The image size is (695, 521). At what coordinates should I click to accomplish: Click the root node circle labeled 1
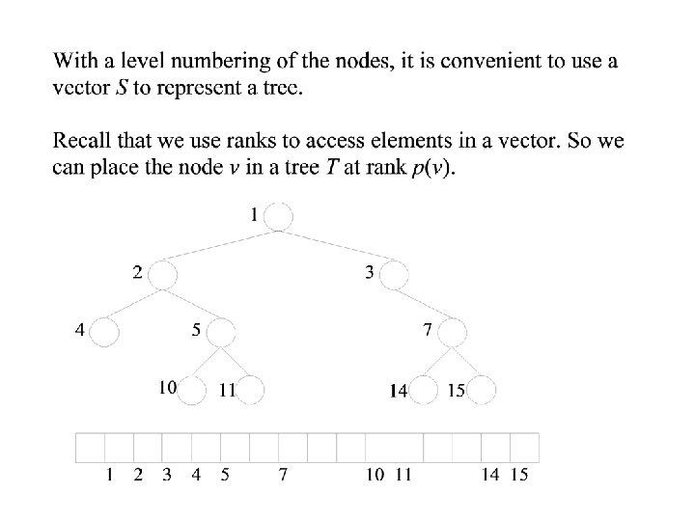point(278,217)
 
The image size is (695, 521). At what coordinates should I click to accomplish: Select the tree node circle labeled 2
point(163,274)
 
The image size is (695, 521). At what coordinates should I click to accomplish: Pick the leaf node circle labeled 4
point(104,333)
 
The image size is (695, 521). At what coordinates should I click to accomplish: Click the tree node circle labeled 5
point(221,333)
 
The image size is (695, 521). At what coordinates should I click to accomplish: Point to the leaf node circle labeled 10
point(193,390)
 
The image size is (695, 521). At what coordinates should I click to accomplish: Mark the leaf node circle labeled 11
point(250,390)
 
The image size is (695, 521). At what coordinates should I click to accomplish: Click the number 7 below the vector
point(282,475)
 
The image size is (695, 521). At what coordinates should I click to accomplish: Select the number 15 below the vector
point(519,475)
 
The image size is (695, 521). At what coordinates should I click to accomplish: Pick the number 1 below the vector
point(111,475)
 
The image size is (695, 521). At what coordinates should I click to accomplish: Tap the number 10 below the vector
point(374,475)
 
